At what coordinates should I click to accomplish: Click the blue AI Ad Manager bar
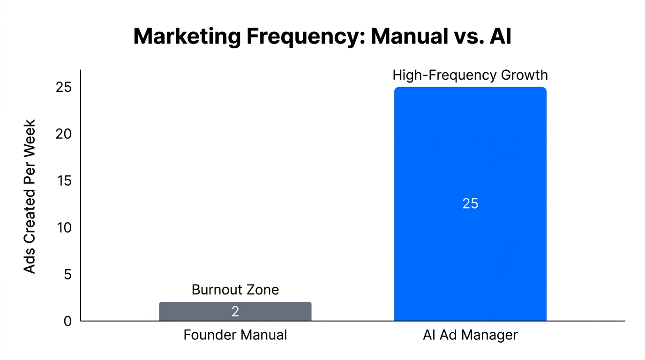click(470, 141)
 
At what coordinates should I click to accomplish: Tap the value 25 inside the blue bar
click(470, 203)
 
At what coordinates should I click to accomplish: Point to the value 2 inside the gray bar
click(235, 312)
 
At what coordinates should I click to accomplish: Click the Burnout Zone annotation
click(235, 290)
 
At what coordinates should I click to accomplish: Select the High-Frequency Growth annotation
click(470, 75)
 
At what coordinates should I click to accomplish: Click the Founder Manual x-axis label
click(235, 335)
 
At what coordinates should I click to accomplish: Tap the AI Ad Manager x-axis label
click(470, 335)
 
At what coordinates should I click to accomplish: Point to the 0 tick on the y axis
click(68, 322)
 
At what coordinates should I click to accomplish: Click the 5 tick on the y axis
click(68, 275)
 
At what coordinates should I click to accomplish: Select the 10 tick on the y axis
click(64, 228)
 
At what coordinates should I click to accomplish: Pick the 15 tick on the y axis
click(64, 181)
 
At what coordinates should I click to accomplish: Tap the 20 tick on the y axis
click(64, 134)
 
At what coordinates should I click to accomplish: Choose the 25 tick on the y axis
click(64, 87)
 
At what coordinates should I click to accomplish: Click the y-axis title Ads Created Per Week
click(30, 197)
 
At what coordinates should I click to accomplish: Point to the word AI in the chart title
click(500, 37)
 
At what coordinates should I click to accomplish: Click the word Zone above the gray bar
click(262, 290)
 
